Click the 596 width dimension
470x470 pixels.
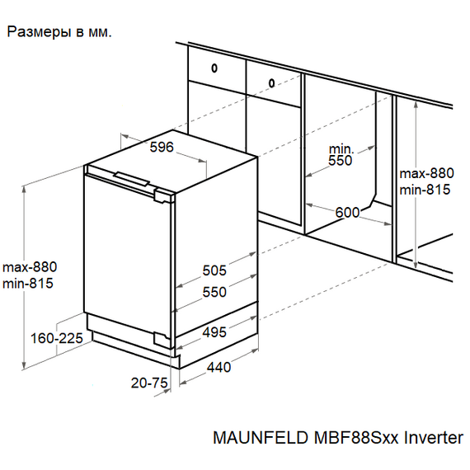tap(162, 148)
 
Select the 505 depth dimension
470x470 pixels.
tap(214, 270)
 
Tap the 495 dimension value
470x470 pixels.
tap(214, 332)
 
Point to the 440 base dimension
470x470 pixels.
tap(219, 368)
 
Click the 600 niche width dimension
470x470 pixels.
tap(347, 213)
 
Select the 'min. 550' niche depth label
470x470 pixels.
tap(340, 154)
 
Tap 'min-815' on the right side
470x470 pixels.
tap(425, 190)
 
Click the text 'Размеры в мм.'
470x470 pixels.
tap(59, 33)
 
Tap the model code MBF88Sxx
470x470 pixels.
tap(334, 438)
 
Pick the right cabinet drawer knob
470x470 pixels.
tap(272, 82)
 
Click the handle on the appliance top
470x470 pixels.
tap(131, 177)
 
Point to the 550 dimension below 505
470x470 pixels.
tap(214, 292)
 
